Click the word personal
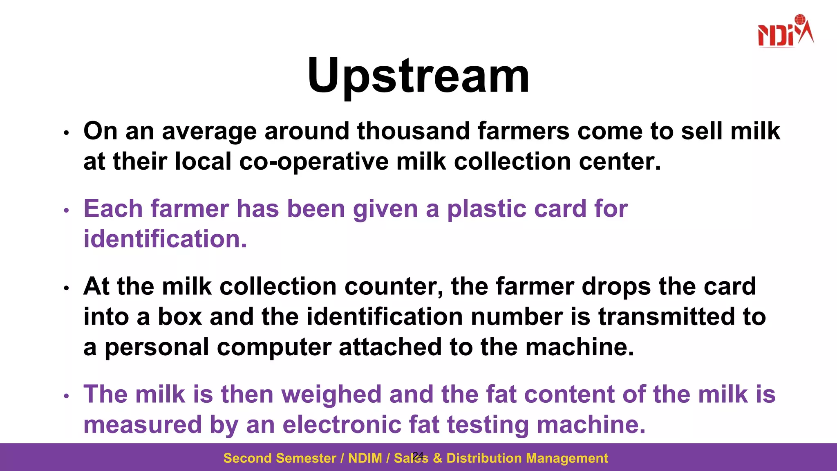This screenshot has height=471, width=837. pyautogui.click(x=157, y=347)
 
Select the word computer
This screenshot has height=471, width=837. pyautogui.click(x=274, y=347)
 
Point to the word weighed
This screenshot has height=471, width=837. pyautogui.click(x=331, y=395)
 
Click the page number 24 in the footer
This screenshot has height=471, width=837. pyautogui.click(x=418, y=455)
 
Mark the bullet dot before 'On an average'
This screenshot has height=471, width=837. pyautogui.click(x=67, y=133)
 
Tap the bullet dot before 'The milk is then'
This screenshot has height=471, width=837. pyautogui.click(x=67, y=396)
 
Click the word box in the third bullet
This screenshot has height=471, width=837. pyautogui.click(x=180, y=317)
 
